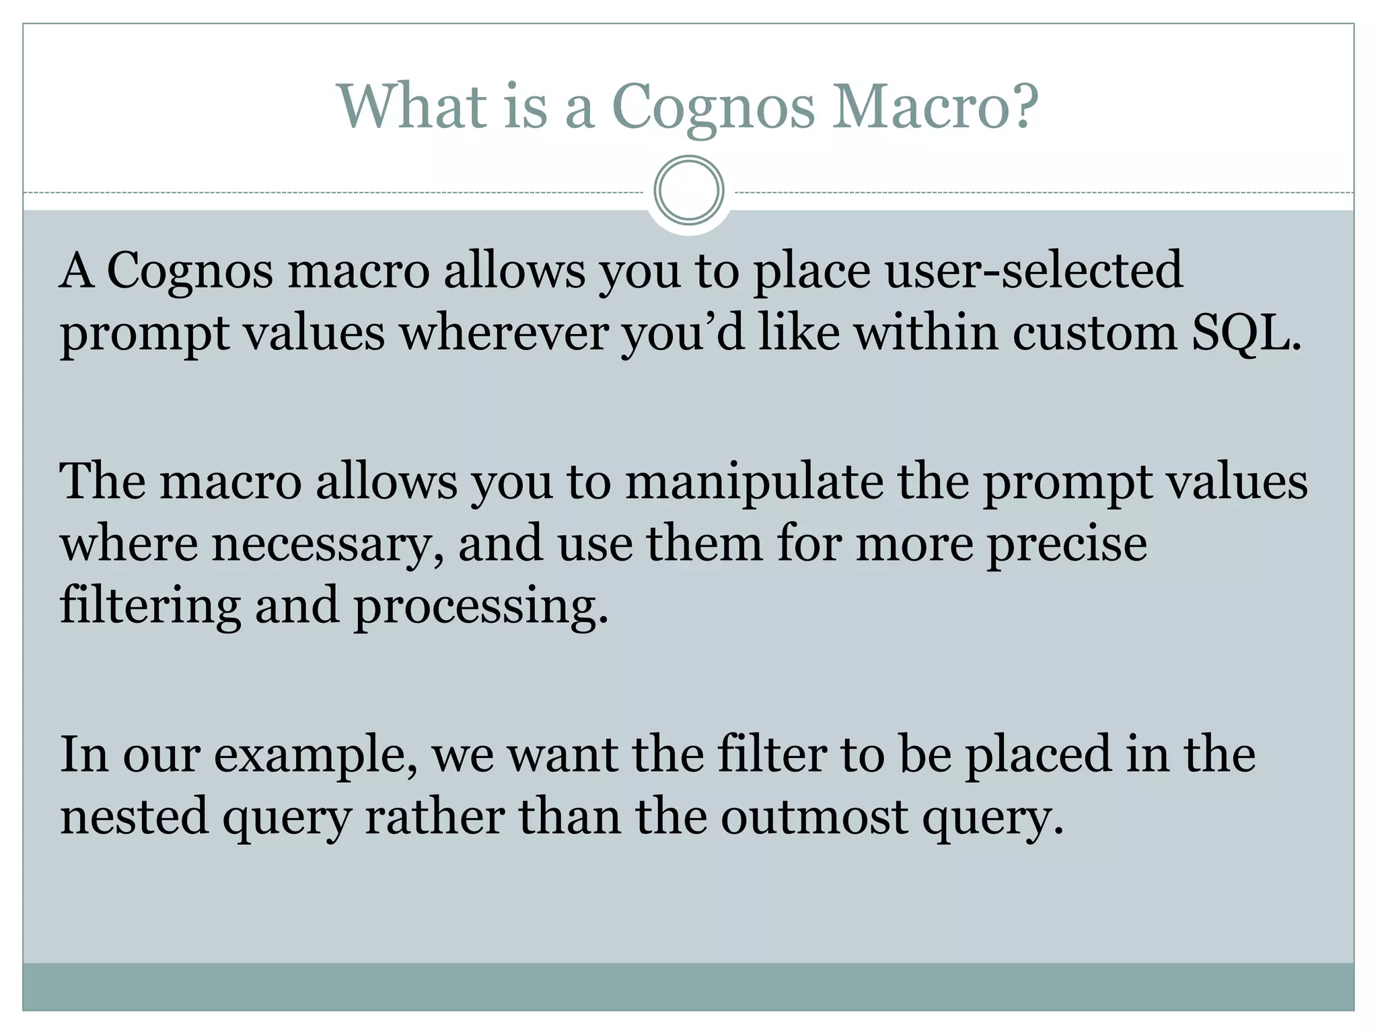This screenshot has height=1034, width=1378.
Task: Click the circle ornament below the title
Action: click(688, 190)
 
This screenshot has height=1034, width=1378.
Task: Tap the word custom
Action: click(1094, 333)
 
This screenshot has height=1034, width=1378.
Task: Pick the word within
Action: click(926, 333)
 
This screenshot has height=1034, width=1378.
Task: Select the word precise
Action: click(1066, 544)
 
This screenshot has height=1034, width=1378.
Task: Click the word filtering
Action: click(149, 606)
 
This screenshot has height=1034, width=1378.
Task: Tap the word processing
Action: click(480, 606)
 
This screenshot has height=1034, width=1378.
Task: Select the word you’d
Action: click(683, 333)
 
